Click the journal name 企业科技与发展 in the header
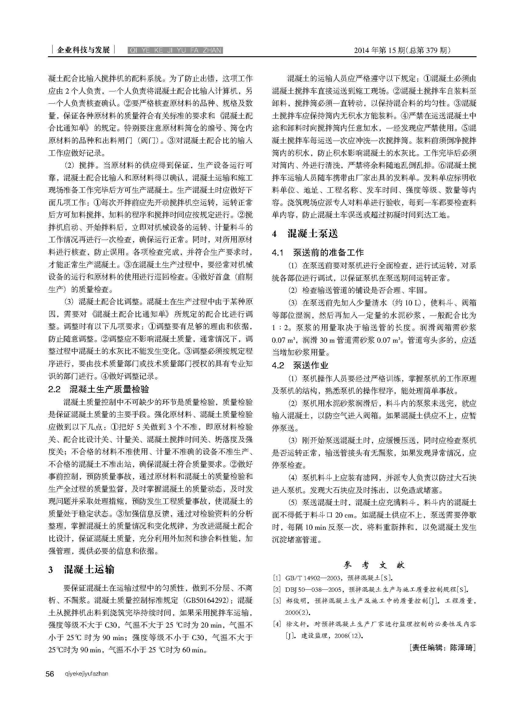[83, 50]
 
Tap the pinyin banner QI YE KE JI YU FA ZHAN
[175, 50]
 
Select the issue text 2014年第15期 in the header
[379, 50]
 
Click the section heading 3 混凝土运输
[82, 569]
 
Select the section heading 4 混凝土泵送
[305, 234]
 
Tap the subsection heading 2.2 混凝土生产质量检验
[99, 389]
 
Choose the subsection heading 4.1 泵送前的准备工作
[318, 252]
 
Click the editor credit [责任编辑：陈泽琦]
[443, 647]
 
